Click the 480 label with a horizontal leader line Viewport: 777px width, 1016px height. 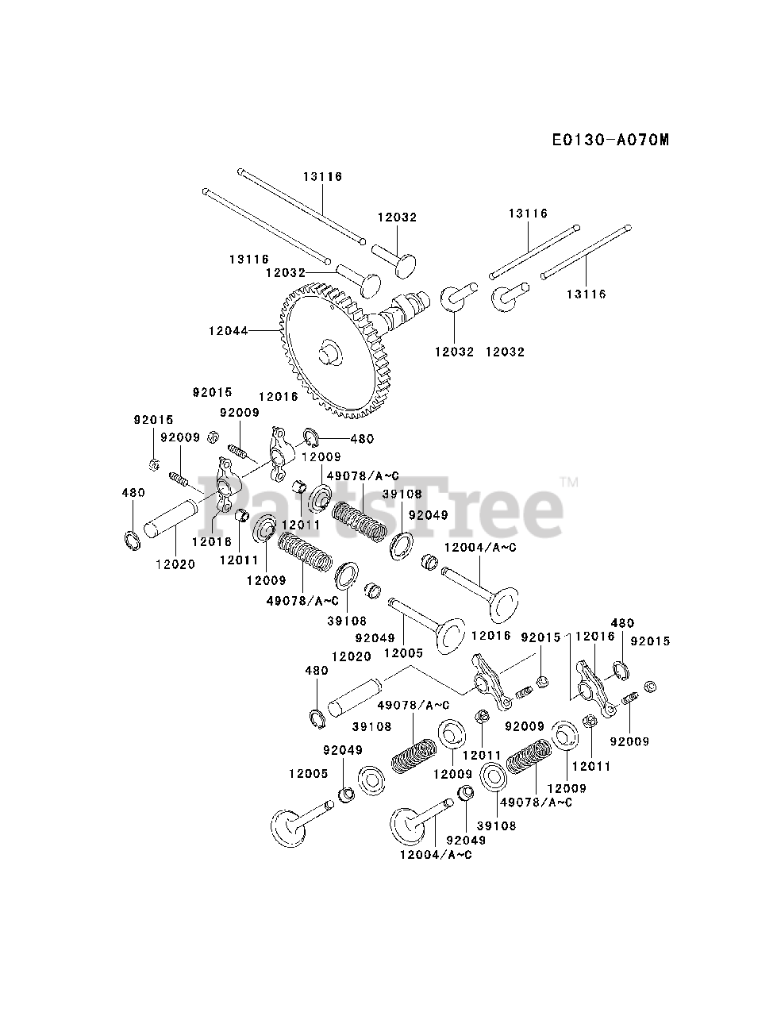pyautogui.click(x=361, y=438)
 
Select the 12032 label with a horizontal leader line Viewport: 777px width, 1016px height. pyautogui.click(x=285, y=272)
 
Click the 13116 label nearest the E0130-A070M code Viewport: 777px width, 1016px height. pyautogui.click(x=529, y=213)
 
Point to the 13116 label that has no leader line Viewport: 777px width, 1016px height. pyautogui.click(x=249, y=259)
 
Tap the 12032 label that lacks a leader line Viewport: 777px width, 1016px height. pyautogui.click(x=505, y=351)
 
